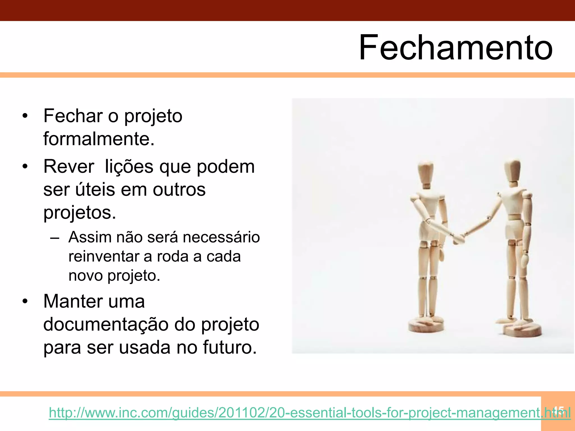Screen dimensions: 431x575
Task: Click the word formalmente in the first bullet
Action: click(x=99, y=139)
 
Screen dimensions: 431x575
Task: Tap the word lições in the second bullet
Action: click(x=129, y=167)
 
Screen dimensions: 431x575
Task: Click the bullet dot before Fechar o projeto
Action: click(x=25, y=116)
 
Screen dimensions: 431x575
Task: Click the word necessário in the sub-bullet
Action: click(x=221, y=237)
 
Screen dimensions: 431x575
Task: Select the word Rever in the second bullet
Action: click(x=69, y=167)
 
